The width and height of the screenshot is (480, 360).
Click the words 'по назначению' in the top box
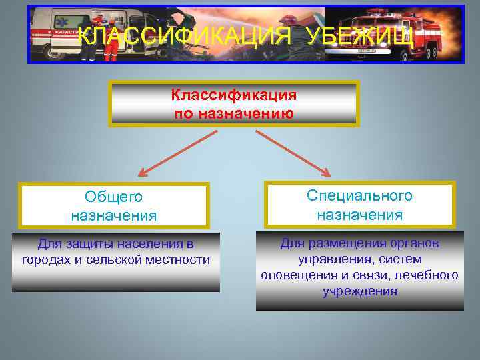234,113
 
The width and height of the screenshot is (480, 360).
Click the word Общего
114,197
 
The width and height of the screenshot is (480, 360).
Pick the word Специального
360,195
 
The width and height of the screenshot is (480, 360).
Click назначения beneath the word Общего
114,215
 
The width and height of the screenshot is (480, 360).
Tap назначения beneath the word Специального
360,215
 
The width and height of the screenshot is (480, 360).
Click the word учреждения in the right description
360,291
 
